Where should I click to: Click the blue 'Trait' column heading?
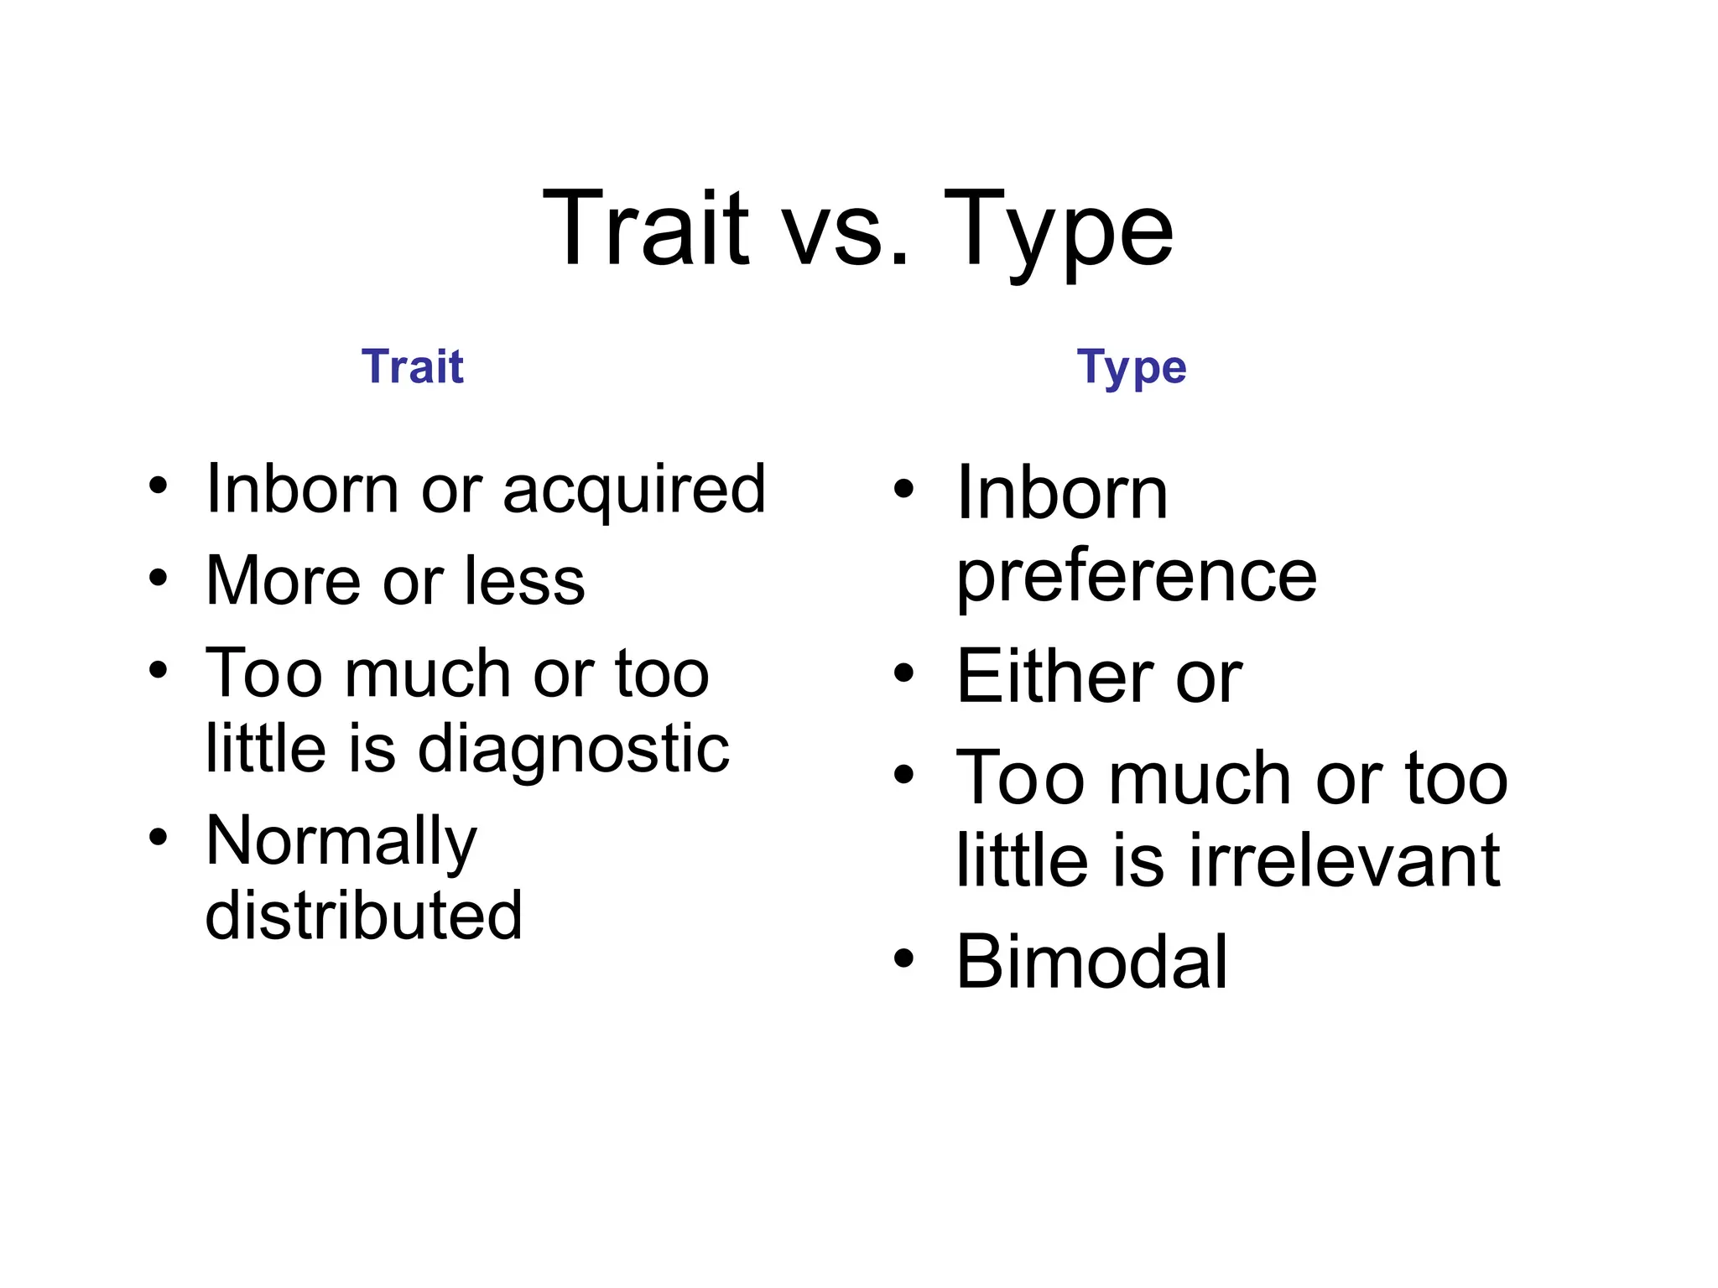[x=413, y=366]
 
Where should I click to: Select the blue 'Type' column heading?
[x=1132, y=368]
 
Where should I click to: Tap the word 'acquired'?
[x=634, y=490]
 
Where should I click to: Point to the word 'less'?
[x=524, y=580]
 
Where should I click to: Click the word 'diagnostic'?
[x=573, y=748]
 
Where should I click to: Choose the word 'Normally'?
[x=341, y=841]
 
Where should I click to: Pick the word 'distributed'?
[x=364, y=915]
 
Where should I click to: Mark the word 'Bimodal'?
[x=1091, y=962]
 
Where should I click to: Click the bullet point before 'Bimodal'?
[x=903, y=958]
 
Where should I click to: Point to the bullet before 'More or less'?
[x=158, y=577]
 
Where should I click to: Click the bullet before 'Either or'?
[x=903, y=673]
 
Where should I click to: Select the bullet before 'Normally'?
[x=158, y=837]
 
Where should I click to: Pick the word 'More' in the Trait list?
[x=283, y=580]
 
